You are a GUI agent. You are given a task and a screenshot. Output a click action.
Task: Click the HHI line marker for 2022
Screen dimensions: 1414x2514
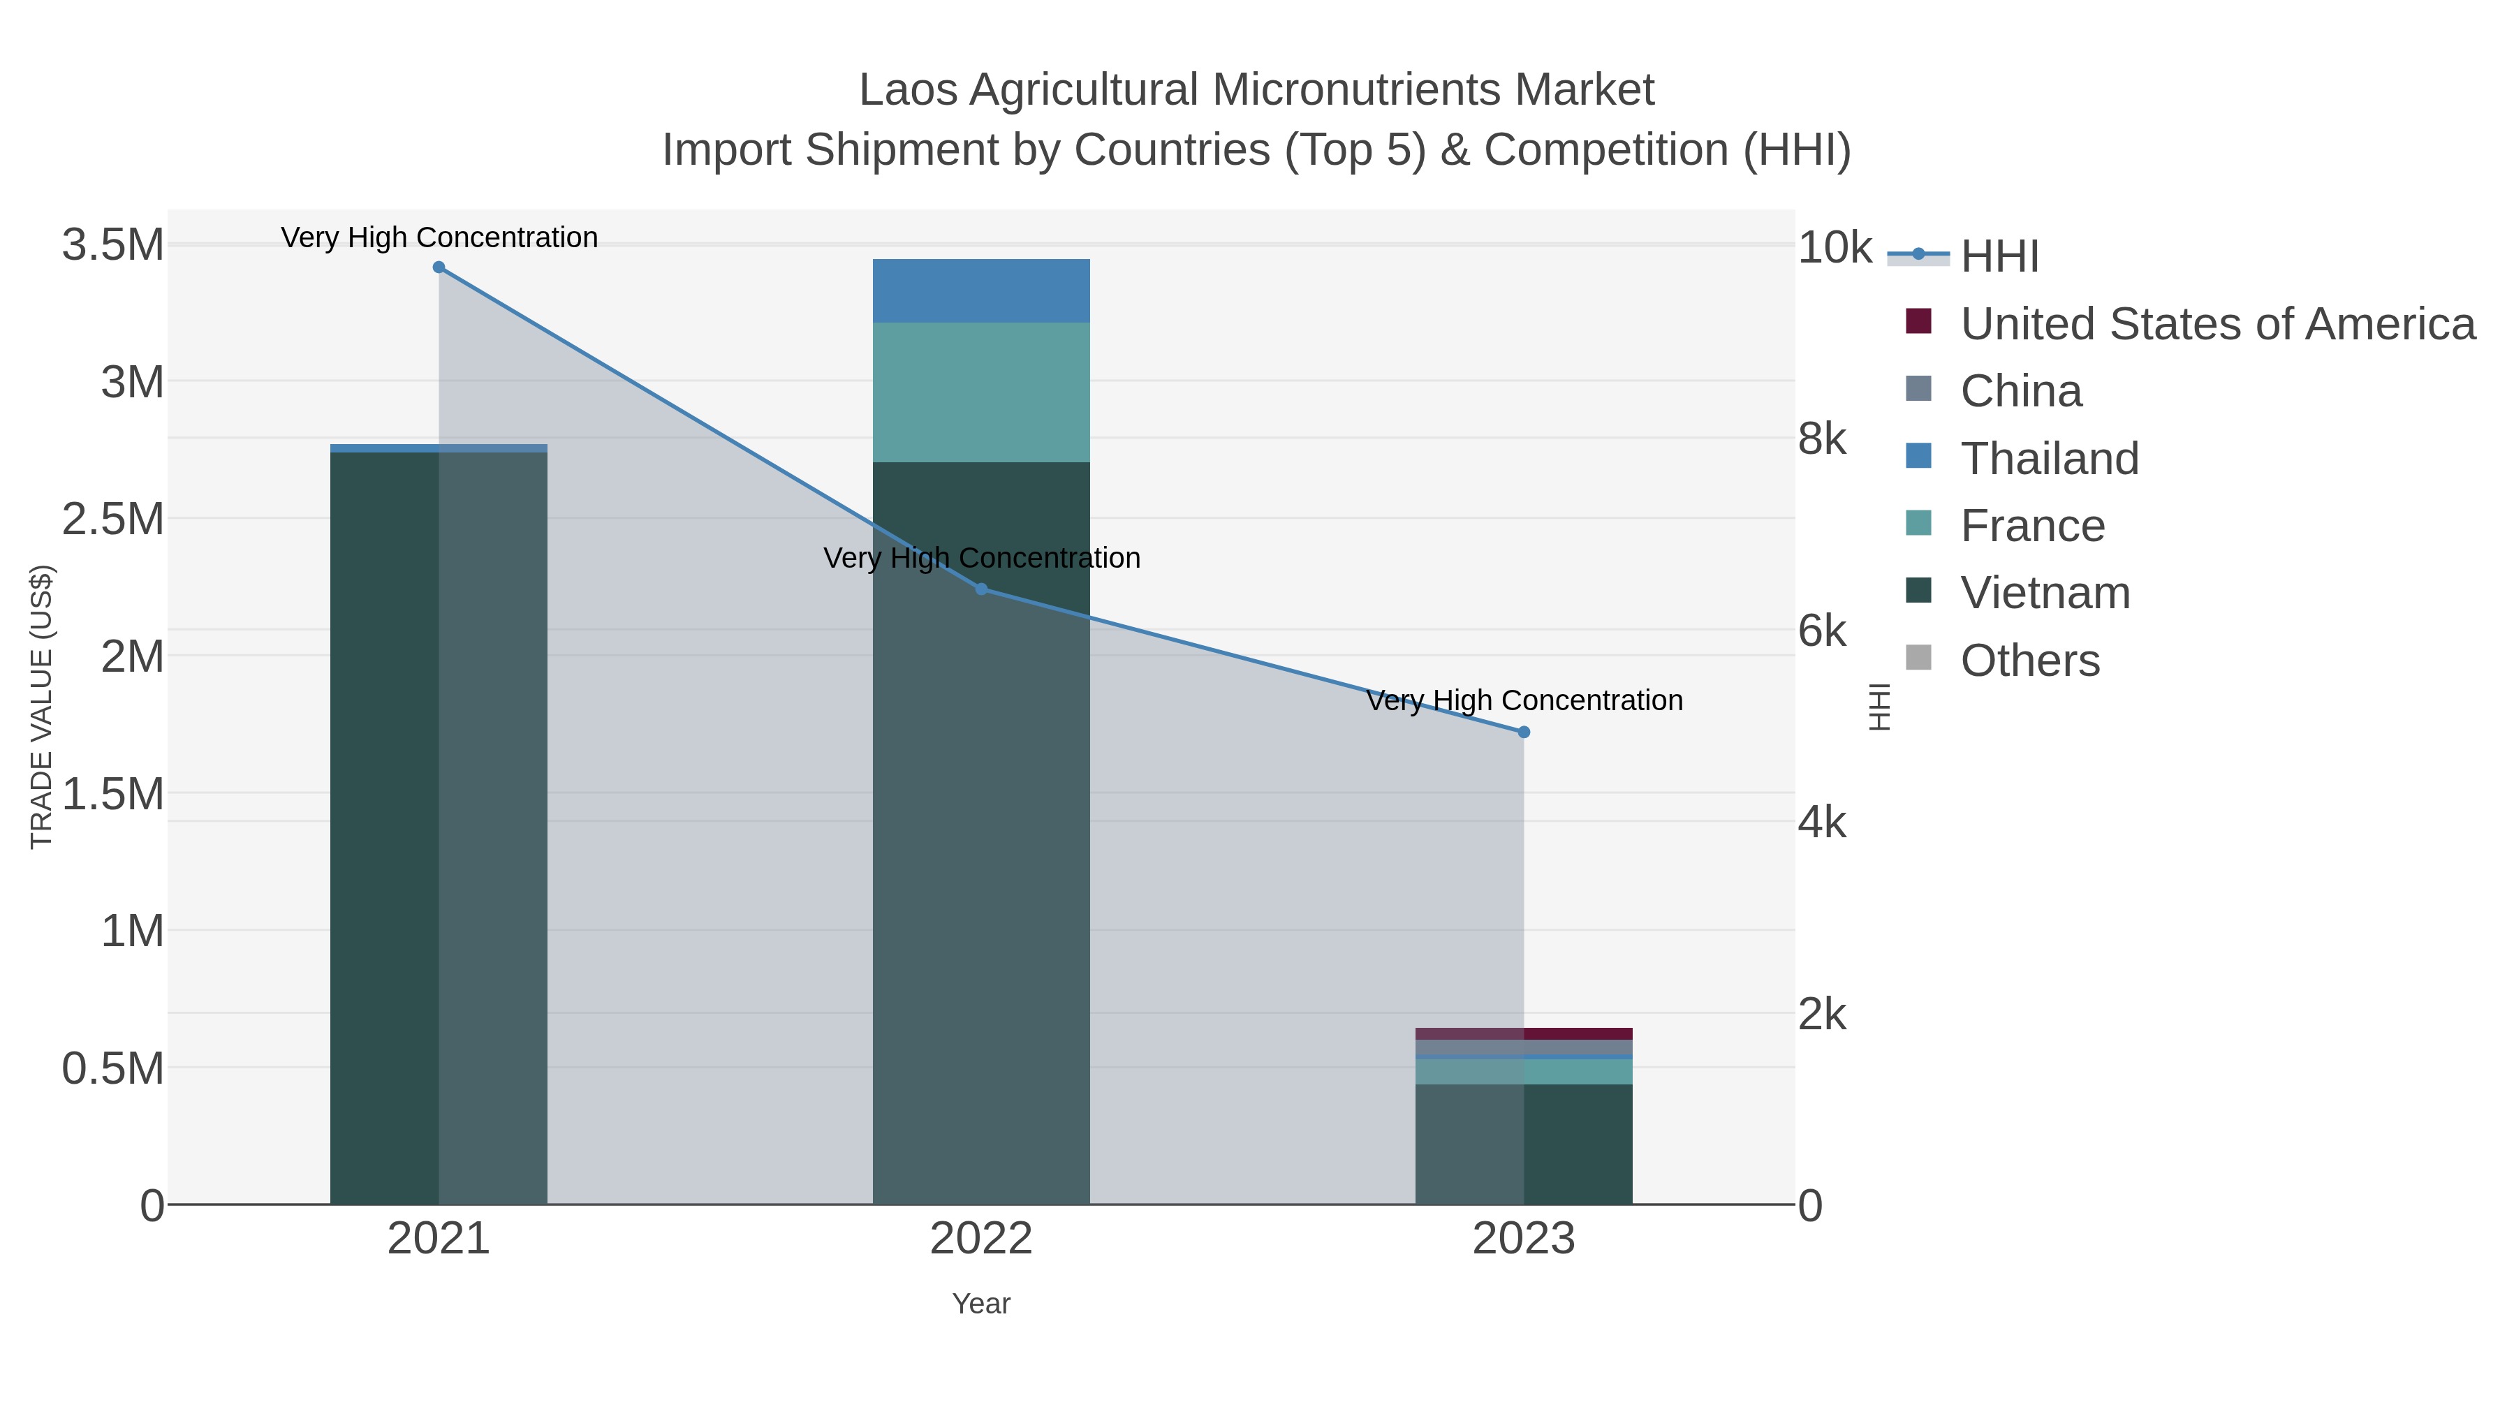click(x=981, y=589)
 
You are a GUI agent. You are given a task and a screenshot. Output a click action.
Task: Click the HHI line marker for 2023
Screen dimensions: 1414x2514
click(x=1524, y=732)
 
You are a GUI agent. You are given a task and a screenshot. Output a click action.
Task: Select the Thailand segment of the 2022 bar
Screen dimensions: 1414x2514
click(x=981, y=290)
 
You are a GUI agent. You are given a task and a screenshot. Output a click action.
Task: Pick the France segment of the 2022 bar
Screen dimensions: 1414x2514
click(x=981, y=392)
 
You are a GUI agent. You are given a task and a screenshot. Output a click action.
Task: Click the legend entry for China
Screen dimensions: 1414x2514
click(x=2020, y=391)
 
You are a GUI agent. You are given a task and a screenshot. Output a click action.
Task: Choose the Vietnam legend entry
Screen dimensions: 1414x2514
click(x=2045, y=594)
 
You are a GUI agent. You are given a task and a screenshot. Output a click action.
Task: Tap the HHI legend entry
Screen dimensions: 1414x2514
click(x=1999, y=257)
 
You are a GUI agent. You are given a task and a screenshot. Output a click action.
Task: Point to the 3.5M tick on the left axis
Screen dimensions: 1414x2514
click(x=113, y=245)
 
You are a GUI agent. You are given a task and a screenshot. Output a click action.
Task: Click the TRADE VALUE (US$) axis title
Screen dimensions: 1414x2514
click(x=41, y=707)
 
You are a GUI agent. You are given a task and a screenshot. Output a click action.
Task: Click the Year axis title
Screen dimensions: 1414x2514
click(x=981, y=1304)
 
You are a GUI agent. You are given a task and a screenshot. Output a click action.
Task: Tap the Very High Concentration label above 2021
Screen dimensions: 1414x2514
click(x=439, y=238)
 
